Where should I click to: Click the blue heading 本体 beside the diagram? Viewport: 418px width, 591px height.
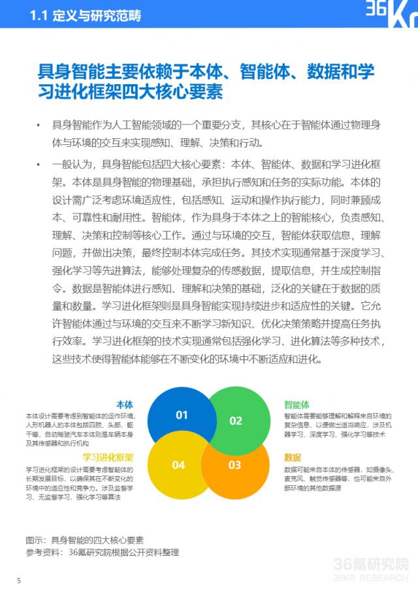pyautogui.click(x=124, y=404)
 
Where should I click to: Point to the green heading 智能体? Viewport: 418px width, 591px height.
pyautogui.click(x=297, y=404)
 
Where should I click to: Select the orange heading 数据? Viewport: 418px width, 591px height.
pyautogui.click(x=293, y=457)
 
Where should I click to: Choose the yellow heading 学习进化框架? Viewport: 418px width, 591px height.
pyautogui.click(x=108, y=457)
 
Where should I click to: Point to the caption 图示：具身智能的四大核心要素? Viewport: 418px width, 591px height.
pyautogui.click(x=84, y=539)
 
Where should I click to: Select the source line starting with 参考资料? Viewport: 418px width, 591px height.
pyautogui.click(x=102, y=553)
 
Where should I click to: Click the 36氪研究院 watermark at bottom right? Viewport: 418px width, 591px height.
pyautogui.click(x=371, y=566)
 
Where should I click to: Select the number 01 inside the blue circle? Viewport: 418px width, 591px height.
pyautogui.click(x=182, y=415)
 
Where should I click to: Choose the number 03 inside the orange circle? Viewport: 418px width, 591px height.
pyautogui.click(x=234, y=465)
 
